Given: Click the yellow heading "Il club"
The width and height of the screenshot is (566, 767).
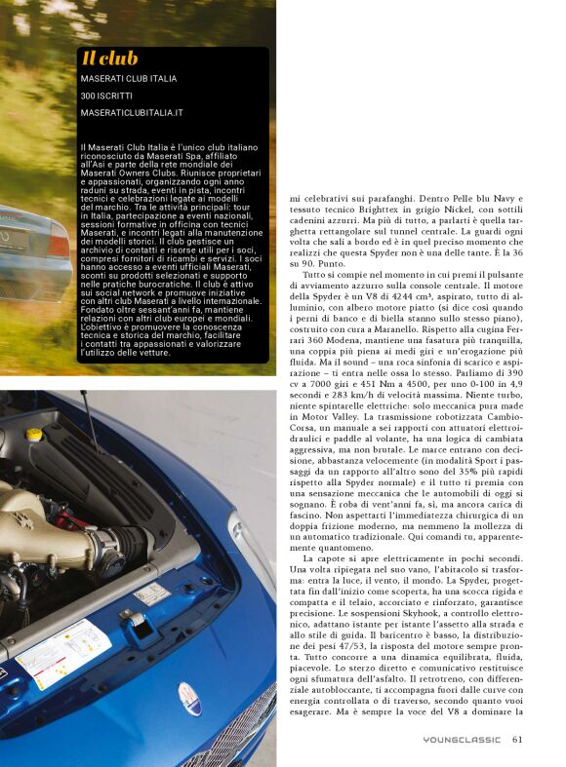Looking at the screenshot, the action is coord(109,58).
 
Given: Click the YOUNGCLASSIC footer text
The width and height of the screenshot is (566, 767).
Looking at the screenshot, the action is coord(462,739).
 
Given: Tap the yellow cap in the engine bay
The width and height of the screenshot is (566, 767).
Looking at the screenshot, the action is coord(34,434).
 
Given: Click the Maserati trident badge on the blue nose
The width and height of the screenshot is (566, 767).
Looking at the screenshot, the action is coord(192,699).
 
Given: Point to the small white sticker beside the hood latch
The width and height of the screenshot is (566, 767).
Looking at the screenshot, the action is coord(152,594).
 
